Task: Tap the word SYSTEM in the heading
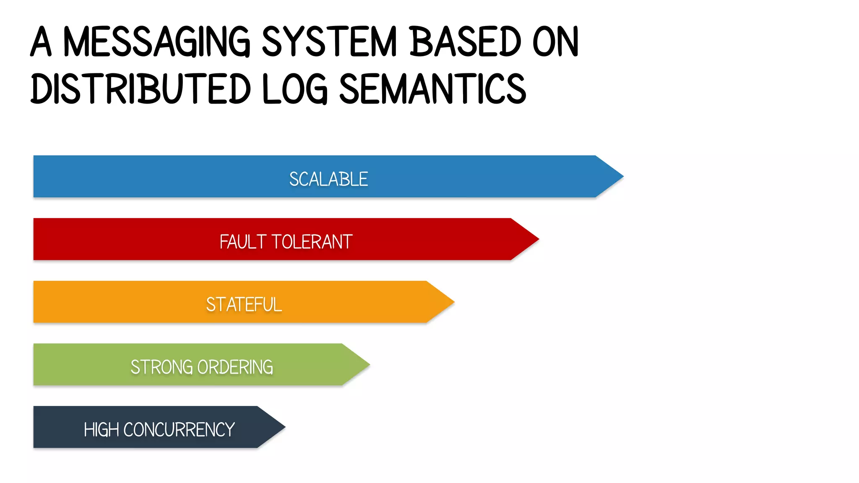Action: coord(329,42)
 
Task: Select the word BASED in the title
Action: coord(465,42)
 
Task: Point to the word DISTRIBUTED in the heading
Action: coord(141,89)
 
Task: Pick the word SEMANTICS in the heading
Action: coord(432,89)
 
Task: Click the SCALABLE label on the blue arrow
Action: coord(328,179)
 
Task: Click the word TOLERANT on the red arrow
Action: coord(312,242)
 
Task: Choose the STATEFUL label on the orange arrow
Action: coord(244,304)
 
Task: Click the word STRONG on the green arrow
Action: coord(161,367)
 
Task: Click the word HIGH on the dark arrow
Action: coord(101,430)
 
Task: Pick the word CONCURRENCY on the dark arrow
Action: coord(179,430)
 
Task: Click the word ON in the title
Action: coord(555,42)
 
